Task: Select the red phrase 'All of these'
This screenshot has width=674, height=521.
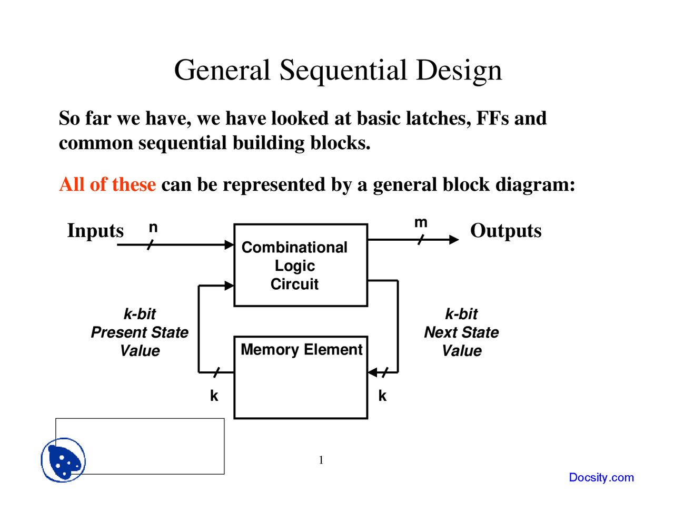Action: [107, 184]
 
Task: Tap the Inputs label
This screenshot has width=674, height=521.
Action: [95, 231]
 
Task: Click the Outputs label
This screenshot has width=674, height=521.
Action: [506, 231]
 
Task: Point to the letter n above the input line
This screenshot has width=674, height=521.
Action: [153, 228]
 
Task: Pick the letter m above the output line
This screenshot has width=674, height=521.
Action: [421, 223]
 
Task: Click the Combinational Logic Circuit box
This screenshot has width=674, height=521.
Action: [301, 265]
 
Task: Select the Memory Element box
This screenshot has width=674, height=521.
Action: [301, 377]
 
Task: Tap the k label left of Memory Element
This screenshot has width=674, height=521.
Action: [214, 396]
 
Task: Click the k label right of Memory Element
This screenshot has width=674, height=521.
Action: [382, 396]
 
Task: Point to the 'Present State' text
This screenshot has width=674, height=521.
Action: [140, 332]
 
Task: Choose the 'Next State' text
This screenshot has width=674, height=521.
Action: [461, 332]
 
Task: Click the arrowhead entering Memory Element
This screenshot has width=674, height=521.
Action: [372, 372]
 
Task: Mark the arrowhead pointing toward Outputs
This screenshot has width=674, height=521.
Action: [454, 240]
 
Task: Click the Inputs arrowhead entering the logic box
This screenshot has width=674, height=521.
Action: [230, 244]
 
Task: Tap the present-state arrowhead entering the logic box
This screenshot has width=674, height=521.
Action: [230, 286]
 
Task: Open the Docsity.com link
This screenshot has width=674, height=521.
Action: [601, 477]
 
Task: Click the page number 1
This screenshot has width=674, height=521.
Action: [321, 460]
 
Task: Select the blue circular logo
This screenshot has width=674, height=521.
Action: [63, 460]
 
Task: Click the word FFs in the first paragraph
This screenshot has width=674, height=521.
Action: [492, 119]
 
